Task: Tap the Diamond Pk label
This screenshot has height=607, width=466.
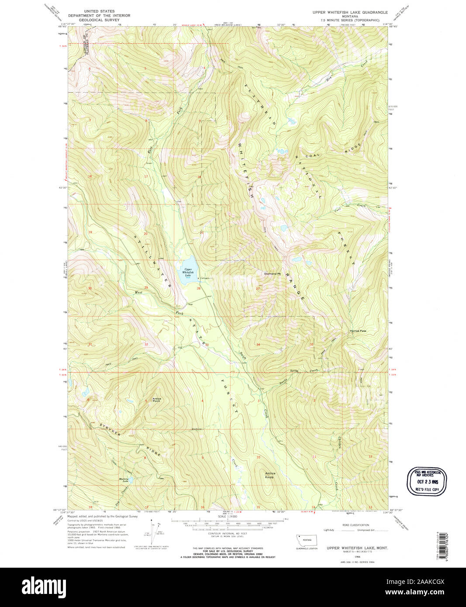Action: point(271,274)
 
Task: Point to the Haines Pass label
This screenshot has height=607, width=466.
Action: point(358,331)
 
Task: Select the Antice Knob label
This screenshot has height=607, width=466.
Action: point(270,475)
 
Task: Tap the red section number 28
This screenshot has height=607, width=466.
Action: point(198,288)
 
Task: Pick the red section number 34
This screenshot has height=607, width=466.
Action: point(258,345)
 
